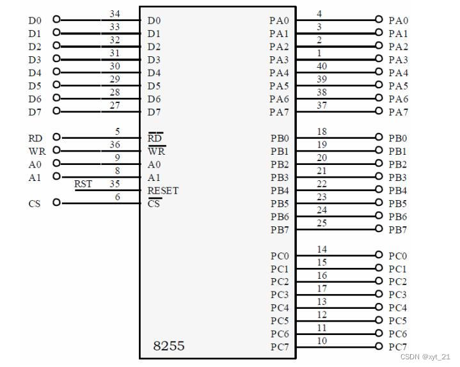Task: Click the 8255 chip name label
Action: [168, 346]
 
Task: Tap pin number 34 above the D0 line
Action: [115, 13]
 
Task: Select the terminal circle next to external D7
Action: [57, 111]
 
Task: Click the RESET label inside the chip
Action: [163, 191]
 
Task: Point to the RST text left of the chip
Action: [83, 184]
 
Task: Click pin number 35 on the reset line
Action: [115, 184]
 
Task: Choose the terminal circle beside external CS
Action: [57, 203]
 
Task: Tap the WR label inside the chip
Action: [156, 152]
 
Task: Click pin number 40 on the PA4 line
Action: [322, 66]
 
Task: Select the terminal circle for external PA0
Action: [379, 20]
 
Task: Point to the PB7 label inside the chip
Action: [280, 230]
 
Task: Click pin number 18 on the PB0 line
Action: [322, 132]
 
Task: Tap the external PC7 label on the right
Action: [398, 347]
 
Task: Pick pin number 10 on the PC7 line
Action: [322, 341]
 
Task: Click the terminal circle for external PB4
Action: [379, 190]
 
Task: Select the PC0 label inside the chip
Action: [280, 256]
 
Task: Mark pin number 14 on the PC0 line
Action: [322, 249]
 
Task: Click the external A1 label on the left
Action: [35, 177]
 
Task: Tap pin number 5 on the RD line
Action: [117, 132]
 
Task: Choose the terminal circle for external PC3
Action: [379, 294]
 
